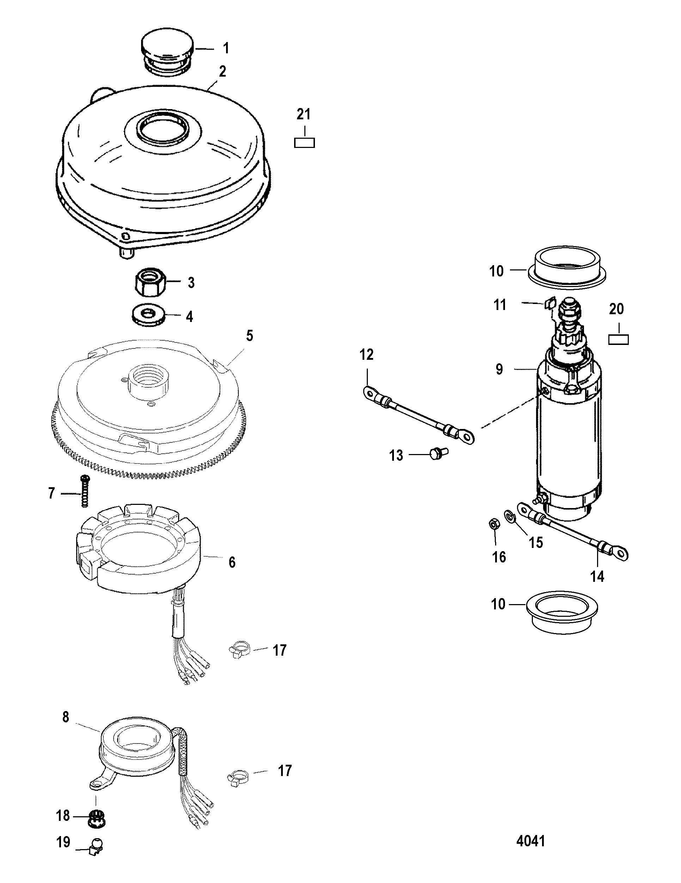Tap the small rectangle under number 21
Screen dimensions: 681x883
[x=304, y=142]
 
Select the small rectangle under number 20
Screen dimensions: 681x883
[x=618, y=339]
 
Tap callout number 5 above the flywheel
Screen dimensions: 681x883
[x=249, y=335]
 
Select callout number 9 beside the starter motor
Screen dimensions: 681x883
[x=500, y=369]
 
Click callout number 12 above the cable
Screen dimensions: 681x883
[x=367, y=354]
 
